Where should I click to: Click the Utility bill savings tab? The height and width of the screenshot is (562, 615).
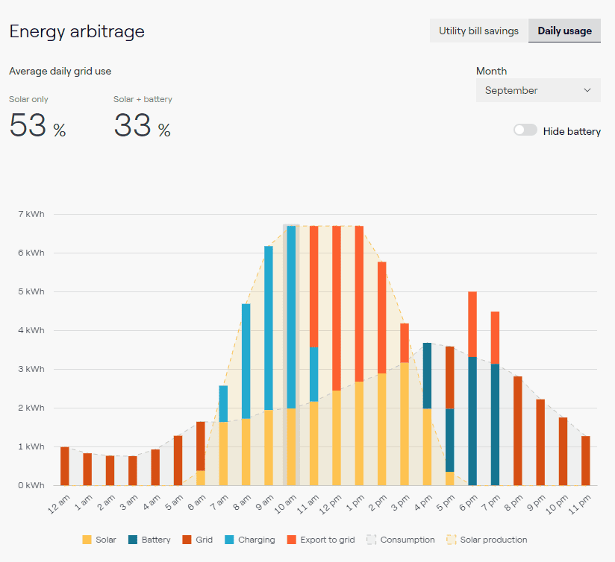[478, 31]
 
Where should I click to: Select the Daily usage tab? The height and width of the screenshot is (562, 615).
[564, 31]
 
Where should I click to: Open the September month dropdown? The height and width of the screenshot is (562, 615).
[538, 90]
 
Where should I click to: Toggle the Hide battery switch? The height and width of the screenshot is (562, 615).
[525, 130]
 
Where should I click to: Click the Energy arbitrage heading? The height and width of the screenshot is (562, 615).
[77, 31]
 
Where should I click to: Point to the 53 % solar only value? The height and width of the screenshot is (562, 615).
[37, 125]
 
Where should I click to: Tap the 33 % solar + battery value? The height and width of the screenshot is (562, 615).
[142, 125]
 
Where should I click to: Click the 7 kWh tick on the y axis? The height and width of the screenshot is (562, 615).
[31, 214]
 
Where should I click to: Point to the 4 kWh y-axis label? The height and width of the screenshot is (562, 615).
[31, 330]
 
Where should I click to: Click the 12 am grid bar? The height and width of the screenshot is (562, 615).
[65, 466]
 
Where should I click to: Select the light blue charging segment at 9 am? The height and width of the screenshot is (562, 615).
[269, 328]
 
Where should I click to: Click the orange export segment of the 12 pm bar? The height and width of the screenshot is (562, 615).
[337, 309]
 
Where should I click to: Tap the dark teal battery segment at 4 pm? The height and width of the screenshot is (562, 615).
[427, 376]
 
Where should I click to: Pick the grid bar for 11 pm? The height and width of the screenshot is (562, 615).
[586, 461]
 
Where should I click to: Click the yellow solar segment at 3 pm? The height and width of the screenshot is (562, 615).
[405, 424]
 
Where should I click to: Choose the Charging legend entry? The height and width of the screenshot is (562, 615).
[250, 540]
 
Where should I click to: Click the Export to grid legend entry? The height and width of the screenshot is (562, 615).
[321, 540]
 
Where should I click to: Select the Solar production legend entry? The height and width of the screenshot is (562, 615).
[487, 540]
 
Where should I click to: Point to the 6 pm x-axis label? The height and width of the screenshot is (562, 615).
[469, 503]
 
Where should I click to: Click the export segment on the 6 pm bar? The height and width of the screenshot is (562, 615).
[472, 324]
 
